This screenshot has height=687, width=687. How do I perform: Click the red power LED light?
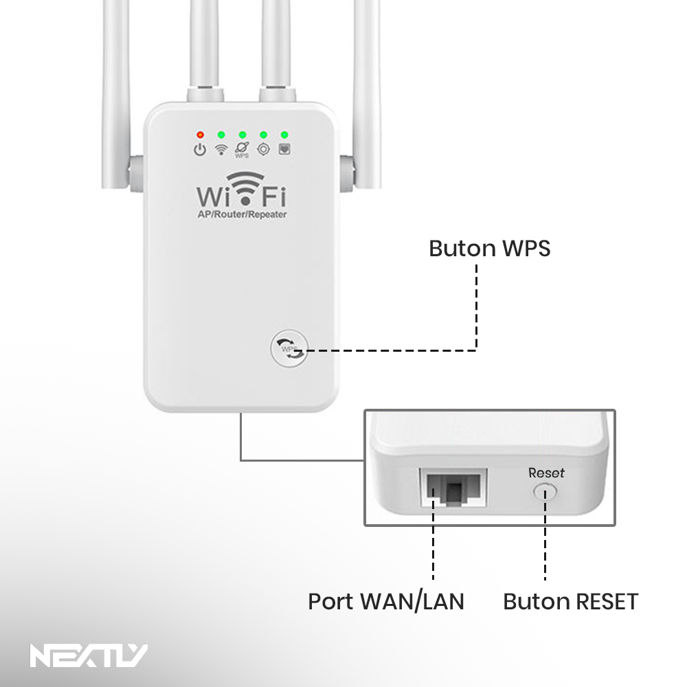[200, 135]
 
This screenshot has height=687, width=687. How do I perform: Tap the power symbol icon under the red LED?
[200, 150]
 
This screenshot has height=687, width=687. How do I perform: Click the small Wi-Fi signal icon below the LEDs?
[221, 150]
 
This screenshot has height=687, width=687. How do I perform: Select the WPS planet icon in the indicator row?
[242, 149]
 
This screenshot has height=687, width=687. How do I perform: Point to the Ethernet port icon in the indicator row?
[284, 149]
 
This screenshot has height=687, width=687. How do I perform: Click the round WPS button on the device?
[289, 348]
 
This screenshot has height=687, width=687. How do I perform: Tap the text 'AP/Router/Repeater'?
[243, 214]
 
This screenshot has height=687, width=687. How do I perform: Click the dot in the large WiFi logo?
[246, 201]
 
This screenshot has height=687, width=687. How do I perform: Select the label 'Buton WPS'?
[489, 249]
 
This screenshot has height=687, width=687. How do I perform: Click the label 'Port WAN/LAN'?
[386, 601]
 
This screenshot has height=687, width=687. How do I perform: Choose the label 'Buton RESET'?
[570, 601]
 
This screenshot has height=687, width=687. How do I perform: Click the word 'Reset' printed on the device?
[546, 473]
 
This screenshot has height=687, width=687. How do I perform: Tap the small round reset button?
[545, 492]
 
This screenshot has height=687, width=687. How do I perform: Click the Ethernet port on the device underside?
[453, 487]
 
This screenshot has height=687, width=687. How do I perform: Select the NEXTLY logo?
[89, 655]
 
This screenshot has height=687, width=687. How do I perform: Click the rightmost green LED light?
[284, 135]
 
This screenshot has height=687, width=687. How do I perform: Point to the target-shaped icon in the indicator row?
[263, 149]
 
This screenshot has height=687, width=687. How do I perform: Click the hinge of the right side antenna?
[346, 173]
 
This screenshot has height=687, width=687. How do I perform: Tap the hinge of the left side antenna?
[136, 173]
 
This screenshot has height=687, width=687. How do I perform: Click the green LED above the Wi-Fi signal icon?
[221, 135]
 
